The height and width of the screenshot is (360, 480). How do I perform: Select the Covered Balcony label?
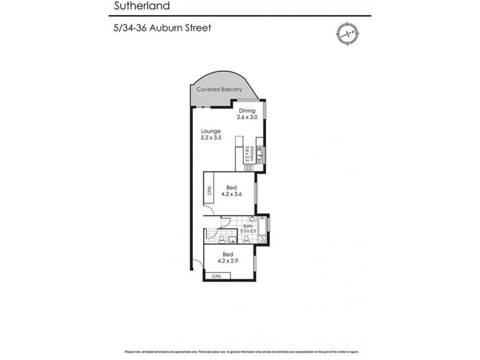tap(220, 89)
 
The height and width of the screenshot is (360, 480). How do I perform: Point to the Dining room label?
tap(247, 111)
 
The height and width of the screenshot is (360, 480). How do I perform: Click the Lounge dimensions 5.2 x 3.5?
tap(211, 137)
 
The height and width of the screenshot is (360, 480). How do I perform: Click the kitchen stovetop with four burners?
tap(247, 168)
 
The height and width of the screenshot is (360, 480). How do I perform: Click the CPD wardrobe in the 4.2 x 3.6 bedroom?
tap(209, 191)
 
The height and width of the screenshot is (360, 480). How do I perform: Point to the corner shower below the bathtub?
tap(262, 241)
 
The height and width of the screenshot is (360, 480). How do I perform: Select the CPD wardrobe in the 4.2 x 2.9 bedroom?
tap(217, 277)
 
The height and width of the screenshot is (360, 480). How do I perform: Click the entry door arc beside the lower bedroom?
tap(198, 262)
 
